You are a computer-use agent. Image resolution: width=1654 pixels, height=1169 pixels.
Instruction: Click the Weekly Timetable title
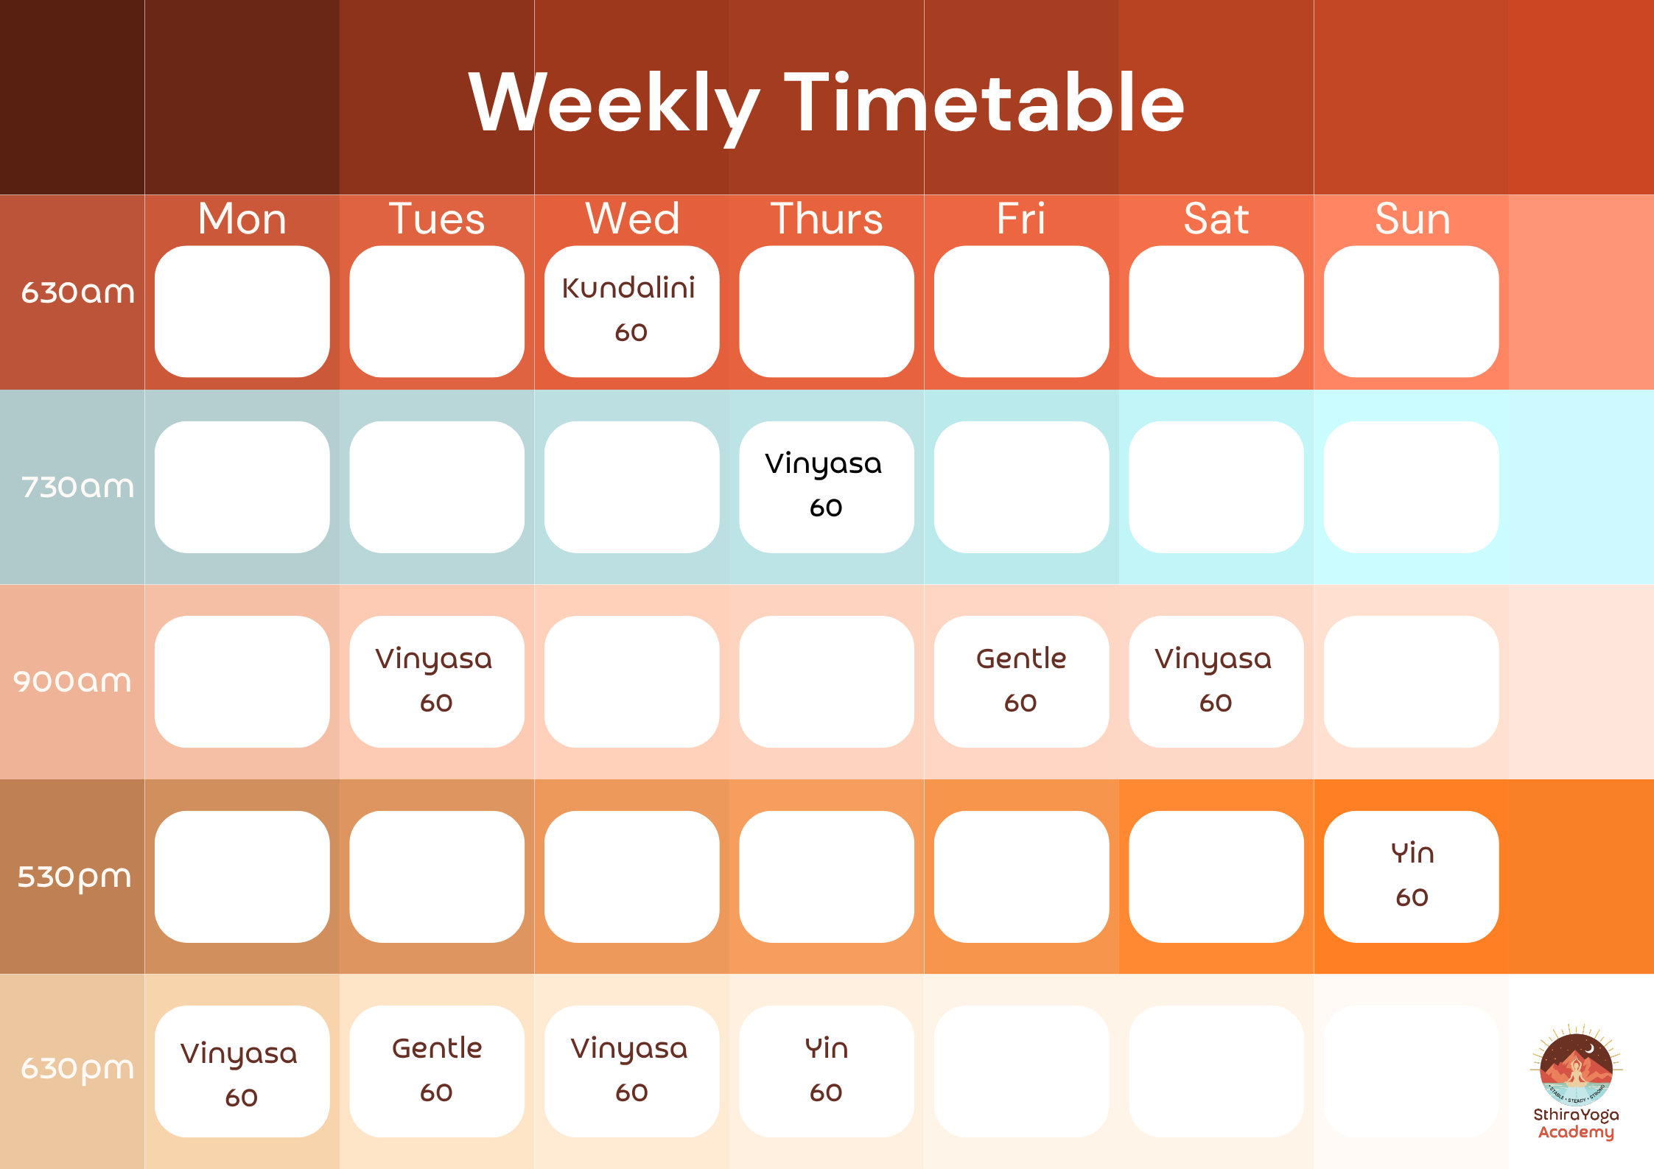[826, 103]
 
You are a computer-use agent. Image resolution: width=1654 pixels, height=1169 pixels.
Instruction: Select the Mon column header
[242, 219]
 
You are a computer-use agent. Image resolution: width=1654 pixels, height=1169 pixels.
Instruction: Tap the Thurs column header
[826, 219]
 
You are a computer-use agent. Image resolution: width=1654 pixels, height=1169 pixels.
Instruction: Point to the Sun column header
[1412, 219]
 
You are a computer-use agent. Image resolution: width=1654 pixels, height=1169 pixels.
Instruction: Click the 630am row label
[77, 292]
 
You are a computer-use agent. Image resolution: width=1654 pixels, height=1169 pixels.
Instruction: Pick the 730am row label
[77, 487]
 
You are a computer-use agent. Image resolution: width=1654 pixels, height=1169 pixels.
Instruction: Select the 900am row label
[72, 681]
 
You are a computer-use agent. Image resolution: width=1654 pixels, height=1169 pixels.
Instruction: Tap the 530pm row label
[74, 877]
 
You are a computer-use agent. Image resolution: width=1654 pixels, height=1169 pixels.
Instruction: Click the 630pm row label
[77, 1068]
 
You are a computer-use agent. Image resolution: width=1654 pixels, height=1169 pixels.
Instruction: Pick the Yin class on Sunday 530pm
[1411, 876]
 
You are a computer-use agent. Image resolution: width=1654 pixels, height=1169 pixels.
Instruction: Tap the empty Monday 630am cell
[242, 311]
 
